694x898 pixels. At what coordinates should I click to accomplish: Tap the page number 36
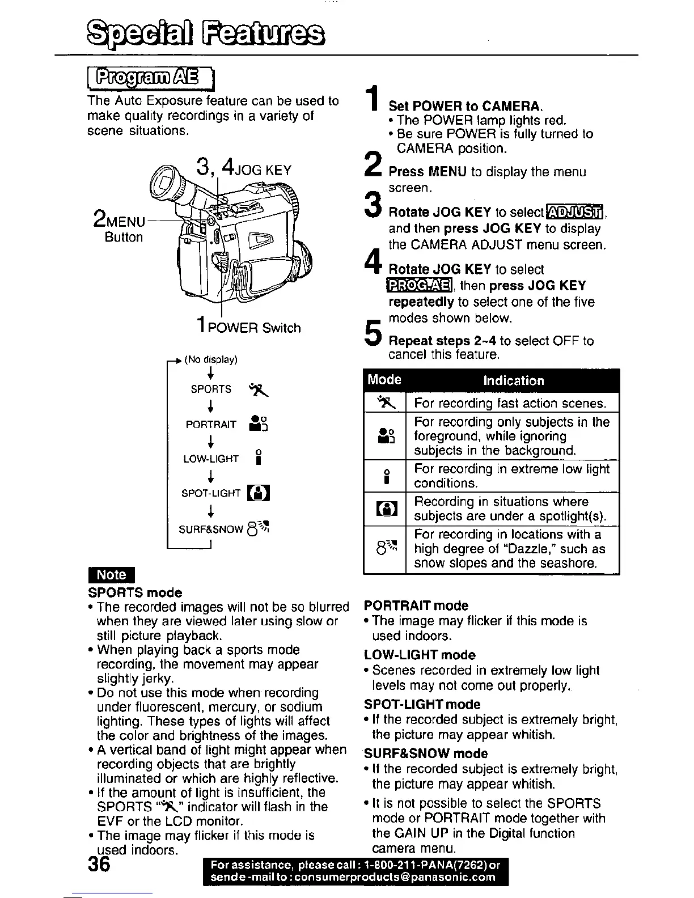pyautogui.click(x=102, y=865)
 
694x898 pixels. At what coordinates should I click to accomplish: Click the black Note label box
pyautogui.click(x=111, y=574)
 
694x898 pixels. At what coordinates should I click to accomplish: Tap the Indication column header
pyautogui.click(x=513, y=380)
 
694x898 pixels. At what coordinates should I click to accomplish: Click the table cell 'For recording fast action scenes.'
pyautogui.click(x=510, y=403)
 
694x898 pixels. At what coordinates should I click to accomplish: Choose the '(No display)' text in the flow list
pyautogui.click(x=210, y=359)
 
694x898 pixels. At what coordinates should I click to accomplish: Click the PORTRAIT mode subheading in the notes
pyautogui.click(x=416, y=605)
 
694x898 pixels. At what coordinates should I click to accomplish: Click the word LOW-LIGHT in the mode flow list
pyautogui.click(x=211, y=459)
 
